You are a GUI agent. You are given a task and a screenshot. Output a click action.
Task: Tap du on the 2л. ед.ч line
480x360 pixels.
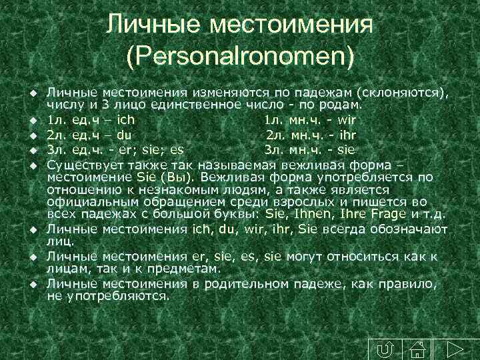coord(124,135)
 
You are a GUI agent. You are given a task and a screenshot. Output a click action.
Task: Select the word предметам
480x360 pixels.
coord(185,269)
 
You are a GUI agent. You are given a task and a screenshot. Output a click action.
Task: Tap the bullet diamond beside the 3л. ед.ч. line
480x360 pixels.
coord(32,150)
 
